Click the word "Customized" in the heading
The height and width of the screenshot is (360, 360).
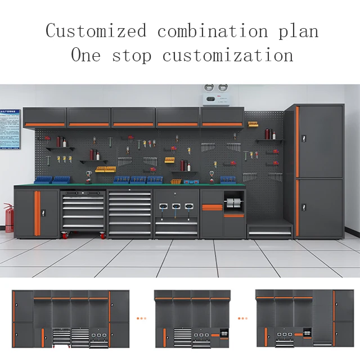(96, 30)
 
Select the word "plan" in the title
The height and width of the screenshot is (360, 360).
(298, 31)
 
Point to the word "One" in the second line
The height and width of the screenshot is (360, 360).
(86, 55)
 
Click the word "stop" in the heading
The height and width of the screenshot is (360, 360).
(133, 56)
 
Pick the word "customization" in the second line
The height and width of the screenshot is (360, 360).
(228, 55)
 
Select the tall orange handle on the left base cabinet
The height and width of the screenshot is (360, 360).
(38, 213)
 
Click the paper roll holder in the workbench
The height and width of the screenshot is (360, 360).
(234, 204)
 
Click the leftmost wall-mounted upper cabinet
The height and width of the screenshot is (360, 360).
(46, 117)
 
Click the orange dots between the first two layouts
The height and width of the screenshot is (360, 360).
(141, 318)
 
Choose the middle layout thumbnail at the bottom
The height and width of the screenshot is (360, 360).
(192, 318)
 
